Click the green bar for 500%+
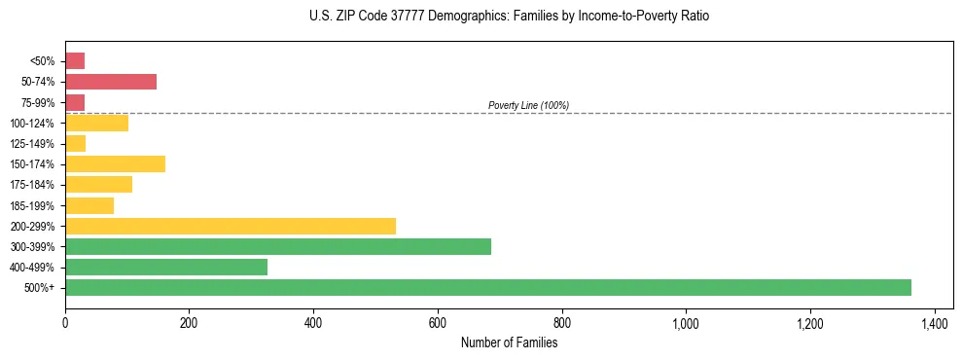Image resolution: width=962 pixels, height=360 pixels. pyautogui.click(x=487, y=287)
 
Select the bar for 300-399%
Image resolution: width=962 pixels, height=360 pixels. pyautogui.click(x=278, y=246)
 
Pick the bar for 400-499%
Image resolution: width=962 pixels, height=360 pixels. pyautogui.click(x=166, y=267)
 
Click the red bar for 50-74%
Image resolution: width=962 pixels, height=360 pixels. pyautogui.click(x=111, y=82)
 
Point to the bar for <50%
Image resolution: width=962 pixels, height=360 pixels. pyautogui.click(x=75, y=61)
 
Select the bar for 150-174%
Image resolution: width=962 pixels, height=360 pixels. pyautogui.click(x=115, y=163)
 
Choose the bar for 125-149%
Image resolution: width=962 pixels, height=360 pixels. pyautogui.click(x=76, y=143)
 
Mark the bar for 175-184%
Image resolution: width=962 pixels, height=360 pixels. pyautogui.click(x=98, y=184)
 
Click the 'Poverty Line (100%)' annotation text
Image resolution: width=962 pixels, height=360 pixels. pyautogui.click(x=528, y=105)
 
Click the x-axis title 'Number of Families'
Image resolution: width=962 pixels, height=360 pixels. pyautogui.click(x=509, y=342)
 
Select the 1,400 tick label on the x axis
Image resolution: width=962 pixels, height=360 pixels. pyautogui.click(x=934, y=322)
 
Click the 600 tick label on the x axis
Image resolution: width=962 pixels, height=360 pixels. pyautogui.click(x=438, y=322)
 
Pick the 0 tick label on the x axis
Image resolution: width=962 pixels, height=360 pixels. pyautogui.click(x=65, y=322)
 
